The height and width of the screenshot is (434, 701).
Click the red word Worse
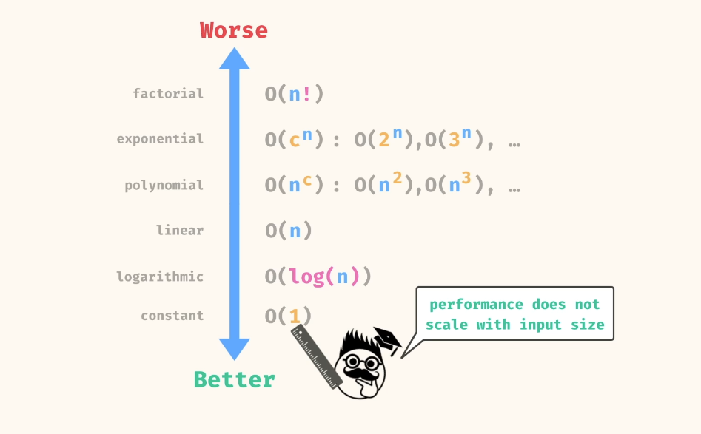(234, 30)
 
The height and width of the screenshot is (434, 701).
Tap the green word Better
(234, 380)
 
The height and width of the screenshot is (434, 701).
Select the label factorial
(168, 93)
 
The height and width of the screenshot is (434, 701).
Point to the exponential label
(160, 139)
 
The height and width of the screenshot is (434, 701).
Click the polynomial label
(164, 185)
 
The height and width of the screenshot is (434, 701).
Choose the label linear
(180, 230)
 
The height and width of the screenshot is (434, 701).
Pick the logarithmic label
(160, 277)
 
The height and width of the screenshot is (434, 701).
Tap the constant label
(172, 316)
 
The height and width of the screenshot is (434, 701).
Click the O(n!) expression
(294, 94)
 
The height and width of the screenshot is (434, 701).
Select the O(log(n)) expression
(318, 277)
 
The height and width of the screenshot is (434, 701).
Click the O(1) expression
(288, 316)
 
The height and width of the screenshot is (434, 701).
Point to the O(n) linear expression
(288, 231)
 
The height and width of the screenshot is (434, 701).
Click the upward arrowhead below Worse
(234, 59)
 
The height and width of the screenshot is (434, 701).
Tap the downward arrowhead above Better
(234, 349)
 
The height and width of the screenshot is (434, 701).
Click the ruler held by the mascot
(317, 357)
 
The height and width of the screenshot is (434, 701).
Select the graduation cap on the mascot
(387, 340)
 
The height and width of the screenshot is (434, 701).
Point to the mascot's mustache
(364, 374)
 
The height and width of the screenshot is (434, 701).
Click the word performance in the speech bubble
(476, 305)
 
